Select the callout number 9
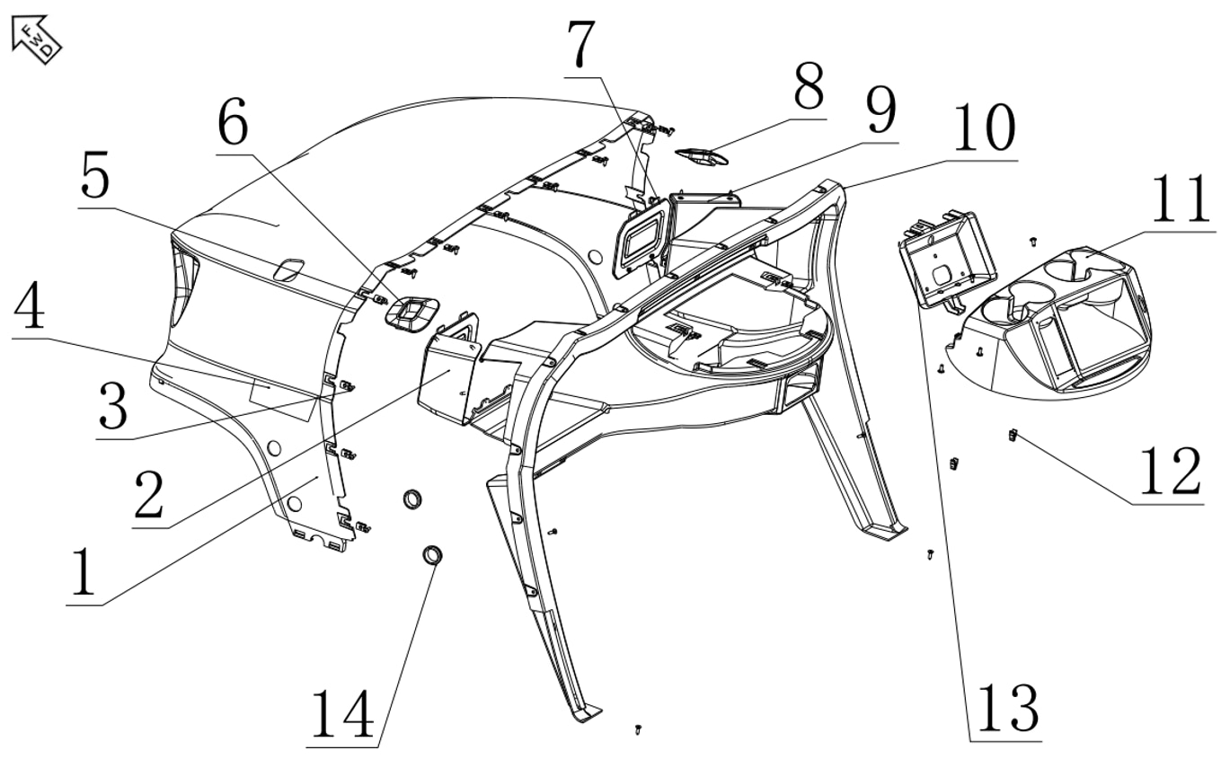[879, 112]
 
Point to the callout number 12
[1168, 470]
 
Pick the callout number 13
[1006, 707]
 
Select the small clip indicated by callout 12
[1013, 436]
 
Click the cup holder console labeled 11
[1060, 323]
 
